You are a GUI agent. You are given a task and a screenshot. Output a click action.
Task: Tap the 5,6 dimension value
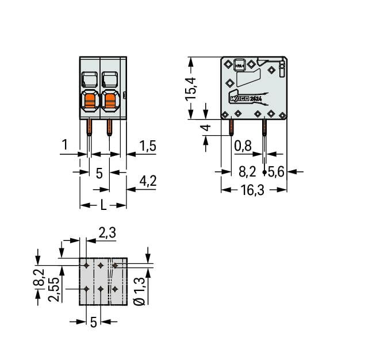click(x=277, y=171)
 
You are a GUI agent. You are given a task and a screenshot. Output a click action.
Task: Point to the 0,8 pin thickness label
click(x=243, y=147)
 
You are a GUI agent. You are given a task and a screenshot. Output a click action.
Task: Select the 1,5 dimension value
click(x=148, y=147)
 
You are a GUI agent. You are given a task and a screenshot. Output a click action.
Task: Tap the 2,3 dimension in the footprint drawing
click(x=108, y=233)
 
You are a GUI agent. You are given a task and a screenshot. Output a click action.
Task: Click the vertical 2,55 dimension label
click(x=53, y=288)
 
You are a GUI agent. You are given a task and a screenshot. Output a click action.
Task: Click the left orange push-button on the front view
click(x=90, y=102)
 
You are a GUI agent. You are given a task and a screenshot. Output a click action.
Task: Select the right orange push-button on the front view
click(x=109, y=102)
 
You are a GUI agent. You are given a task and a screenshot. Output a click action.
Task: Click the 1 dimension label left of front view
click(x=66, y=146)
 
